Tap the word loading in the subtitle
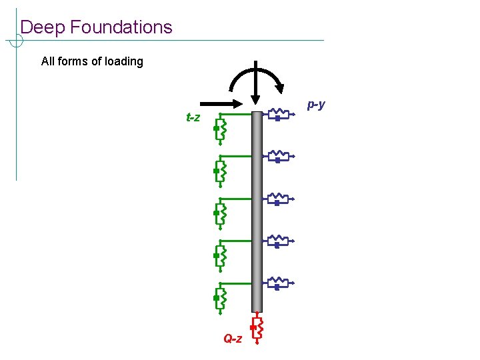tap(124, 61)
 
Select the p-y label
tap(316, 104)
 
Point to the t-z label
tap(193, 118)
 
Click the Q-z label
tap(233, 339)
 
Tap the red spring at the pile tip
tap(258, 329)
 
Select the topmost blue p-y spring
tap(278, 115)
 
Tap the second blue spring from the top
tap(278, 157)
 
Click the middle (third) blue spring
tap(278, 199)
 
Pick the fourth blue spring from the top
tap(278, 241)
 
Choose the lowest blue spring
tap(278, 283)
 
